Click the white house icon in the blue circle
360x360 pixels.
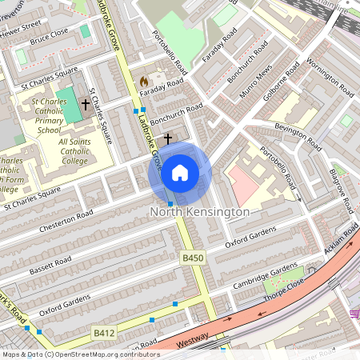pyautogui.click(x=180, y=173)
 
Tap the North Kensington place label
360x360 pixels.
pyautogui.click(x=199, y=212)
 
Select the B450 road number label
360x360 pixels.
pyautogui.click(x=193, y=258)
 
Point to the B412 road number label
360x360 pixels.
pyautogui.click(x=105, y=331)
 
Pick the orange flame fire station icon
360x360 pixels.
pyautogui.click(x=143, y=82)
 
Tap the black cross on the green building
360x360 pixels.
pyautogui.click(x=85, y=105)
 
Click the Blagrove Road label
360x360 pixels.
pyautogui.click(x=341, y=191)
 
